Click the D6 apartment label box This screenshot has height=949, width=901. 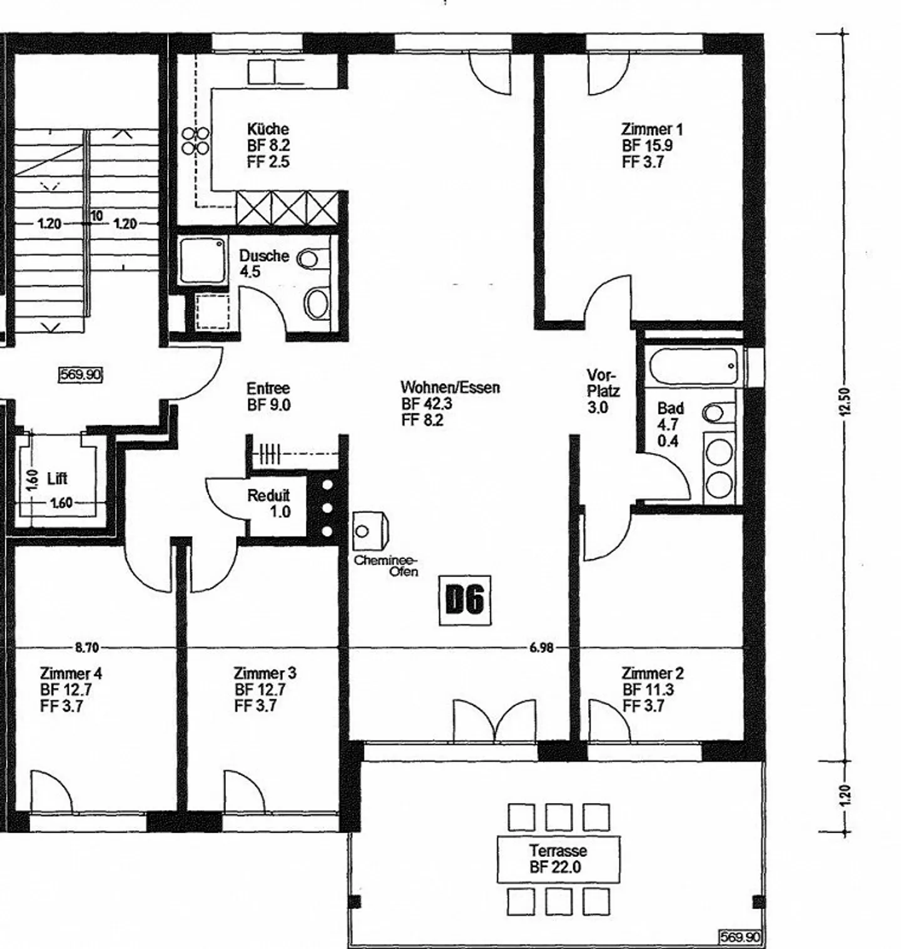[465, 600]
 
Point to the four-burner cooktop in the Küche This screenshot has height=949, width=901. [195, 141]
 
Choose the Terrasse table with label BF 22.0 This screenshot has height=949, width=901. [557, 859]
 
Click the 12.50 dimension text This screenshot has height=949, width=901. [846, 401]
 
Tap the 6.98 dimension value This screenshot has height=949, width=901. [541, 648]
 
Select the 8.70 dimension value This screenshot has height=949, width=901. [87, 648]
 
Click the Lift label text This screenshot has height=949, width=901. [57, 479]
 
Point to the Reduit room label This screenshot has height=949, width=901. [268, 496]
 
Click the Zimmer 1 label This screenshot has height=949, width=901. [651, 130]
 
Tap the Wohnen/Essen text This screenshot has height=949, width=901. [450, 387]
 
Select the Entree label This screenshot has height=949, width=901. [268, 388]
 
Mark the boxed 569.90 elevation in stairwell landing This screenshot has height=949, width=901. [80, 375]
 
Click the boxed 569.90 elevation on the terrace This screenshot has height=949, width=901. [740, 937]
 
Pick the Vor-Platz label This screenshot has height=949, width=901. [603, 383]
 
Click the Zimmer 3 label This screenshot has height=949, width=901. [265, 674]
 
